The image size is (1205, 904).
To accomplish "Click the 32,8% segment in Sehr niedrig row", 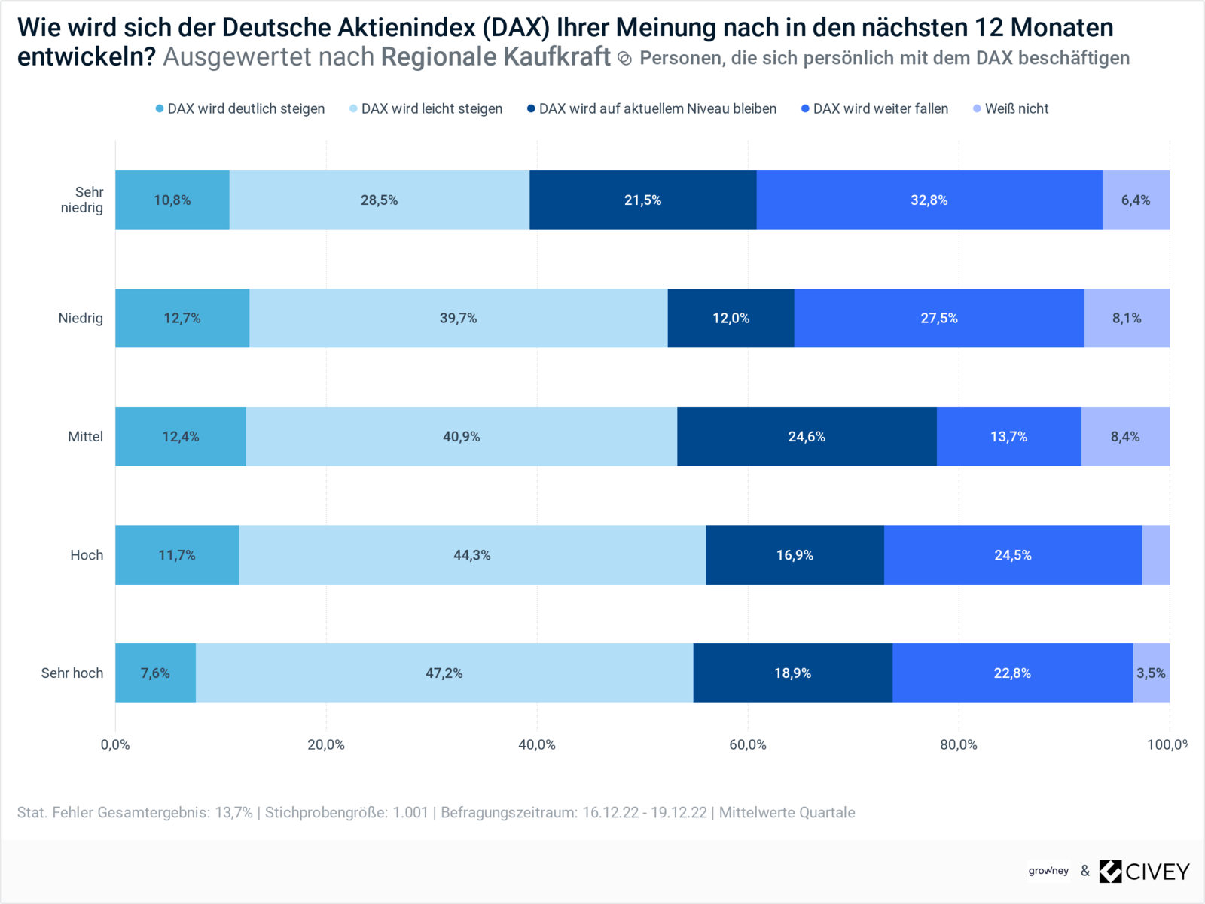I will pyautogui.click(x=929, y=200).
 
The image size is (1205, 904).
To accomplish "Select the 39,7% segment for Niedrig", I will pyautogui.click(x=458, y=318).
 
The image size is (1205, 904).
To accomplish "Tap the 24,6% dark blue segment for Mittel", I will pyautogui.click(x=807, y=436).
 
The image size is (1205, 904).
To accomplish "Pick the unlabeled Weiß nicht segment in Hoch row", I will pyautogui.click(x=1155, y=554).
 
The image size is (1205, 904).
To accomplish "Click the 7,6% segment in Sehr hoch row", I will pyautogui.click(x=155, y=673).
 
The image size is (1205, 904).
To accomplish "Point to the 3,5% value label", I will pyautogui.click(x=1151, y=673).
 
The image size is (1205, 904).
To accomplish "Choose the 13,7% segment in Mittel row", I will pyautogui.click(x=1008, y=436).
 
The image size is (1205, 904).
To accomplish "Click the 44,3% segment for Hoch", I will pyautogui.click(x=471, y=554).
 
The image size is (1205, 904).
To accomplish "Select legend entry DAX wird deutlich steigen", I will pyautogui.click(x=240, y=108).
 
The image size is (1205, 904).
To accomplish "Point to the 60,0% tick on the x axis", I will pyautogui.click(x=748, y=744).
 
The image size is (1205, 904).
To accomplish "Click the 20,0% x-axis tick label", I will pyautogui.click(x=326, y=744).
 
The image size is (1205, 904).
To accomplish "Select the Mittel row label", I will pyautogui.click(x=85, y=436).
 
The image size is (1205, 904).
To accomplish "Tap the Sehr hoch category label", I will pyautogui.click(x=72, y=673).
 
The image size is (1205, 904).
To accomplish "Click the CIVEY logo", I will pyautogui.click(x=1145, y=871).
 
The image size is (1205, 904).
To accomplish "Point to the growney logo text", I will pyautogui.click(x=1048, y=871).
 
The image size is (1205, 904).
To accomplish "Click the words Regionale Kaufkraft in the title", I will pyautogui.click(x=496, y=56).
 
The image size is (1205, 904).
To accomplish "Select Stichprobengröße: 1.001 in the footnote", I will pyautogui.click(x=346, y=812).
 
